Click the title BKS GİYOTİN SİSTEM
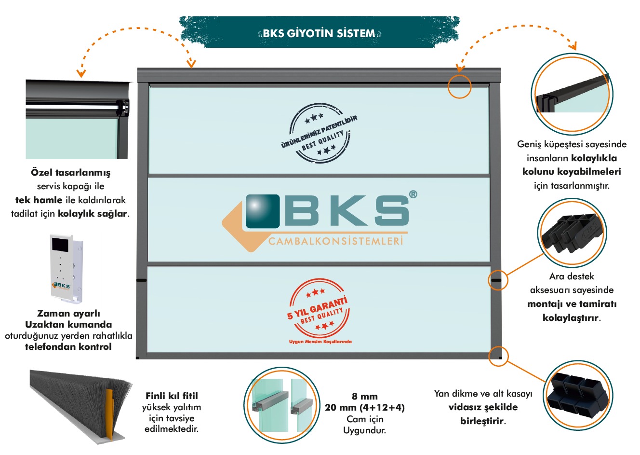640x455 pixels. pyautogui.click(x=319, y=33)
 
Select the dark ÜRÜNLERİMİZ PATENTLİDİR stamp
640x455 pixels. pyautogui.click(x=320, y=133)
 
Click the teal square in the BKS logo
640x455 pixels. pyautogui.click(x=263, y=211)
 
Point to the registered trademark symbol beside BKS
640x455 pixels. pyautogui.click(x=413, y=194)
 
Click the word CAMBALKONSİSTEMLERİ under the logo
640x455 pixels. pyautogui.click(x=336, y=241)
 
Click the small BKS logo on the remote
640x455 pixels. pyautogui.click(x=61, y=286)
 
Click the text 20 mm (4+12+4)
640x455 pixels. pyautogui.click(x=365, y=407)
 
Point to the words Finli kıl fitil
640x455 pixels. pyautogui.click(x=172, y=396)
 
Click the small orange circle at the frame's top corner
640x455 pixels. pyautogui.click(x=459, y=86)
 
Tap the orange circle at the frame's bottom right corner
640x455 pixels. pyautogui.click(x=498, y=356)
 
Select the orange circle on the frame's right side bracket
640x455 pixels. pyautogui.click(x=498, y=280)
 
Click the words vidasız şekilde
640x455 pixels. pyautogui.click(x=483, y=407)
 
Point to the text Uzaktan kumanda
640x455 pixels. pyautogui.click(x=68, y=325)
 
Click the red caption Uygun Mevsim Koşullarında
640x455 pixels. pyautogui.click(x=320, y=342)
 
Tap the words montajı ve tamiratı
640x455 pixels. pyautogui.click(x=572, y=303)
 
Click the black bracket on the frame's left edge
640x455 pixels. pyautogui.click(x=141, y=280)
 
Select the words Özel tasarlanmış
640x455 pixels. pyautogui.click(x=70, y=172)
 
